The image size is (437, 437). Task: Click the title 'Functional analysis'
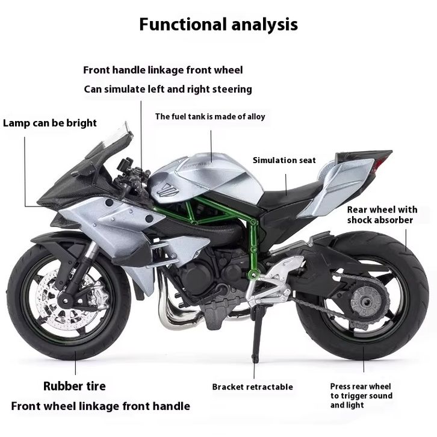pos(218,25)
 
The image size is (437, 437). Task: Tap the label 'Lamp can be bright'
pos(50,123)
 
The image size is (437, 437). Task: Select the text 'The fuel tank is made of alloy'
pos(210,117)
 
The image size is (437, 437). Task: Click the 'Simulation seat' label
pos(284,160)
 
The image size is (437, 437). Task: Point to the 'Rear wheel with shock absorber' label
pos(382,215)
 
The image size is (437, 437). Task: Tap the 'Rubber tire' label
pos(74,386)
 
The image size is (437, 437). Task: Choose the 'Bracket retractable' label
pos(252,387)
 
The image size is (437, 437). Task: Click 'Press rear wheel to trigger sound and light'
pos(361,395)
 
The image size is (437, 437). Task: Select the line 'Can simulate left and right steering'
pos(167,89)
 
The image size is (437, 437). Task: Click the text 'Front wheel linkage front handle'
pos(101,406)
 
